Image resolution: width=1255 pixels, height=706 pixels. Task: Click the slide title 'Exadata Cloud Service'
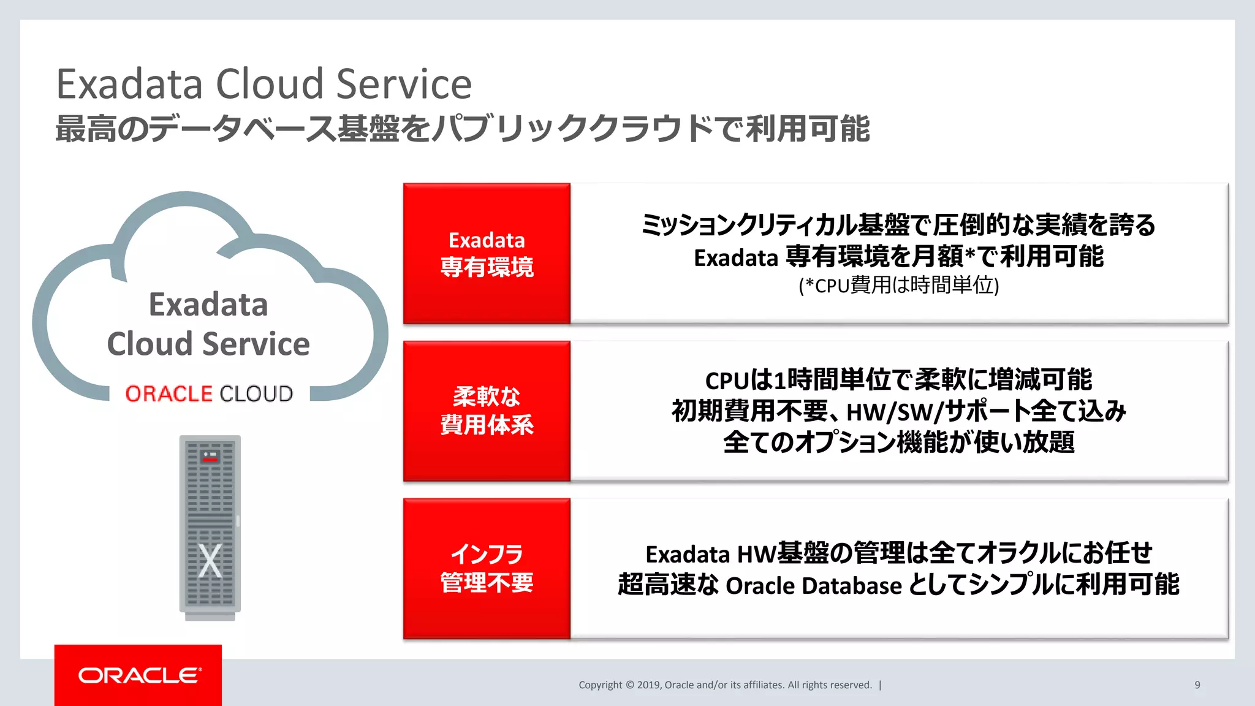point(264,84)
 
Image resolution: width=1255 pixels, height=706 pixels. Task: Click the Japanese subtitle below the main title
point(462,129)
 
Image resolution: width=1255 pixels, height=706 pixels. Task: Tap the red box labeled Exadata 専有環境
point(487,253)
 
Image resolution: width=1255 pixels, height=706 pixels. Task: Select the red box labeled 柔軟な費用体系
point(487,411)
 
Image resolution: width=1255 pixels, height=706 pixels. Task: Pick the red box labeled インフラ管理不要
point(487,568)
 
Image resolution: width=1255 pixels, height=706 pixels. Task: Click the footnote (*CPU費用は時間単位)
point(898,286)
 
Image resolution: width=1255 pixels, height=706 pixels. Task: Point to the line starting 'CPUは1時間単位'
point(898,380)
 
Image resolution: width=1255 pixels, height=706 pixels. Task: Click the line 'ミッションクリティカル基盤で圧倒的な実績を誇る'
point(898,225)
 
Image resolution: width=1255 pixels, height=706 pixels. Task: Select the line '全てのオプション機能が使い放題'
point(898,442)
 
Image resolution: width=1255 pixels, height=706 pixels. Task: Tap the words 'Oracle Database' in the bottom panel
point(813,586)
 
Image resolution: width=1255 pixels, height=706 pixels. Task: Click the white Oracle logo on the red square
point(139,675)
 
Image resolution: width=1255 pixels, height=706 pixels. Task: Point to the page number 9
point(1197,685)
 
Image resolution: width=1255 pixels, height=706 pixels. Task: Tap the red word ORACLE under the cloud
point(169,393)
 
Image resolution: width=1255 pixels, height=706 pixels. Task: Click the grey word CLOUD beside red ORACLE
point(256,393)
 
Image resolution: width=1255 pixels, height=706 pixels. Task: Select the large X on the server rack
point(210,560)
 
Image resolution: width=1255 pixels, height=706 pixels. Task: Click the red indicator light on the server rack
point(210,458)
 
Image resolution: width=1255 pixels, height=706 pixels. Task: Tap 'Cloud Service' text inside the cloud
point(208,344)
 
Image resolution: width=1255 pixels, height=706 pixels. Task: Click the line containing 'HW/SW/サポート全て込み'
point(898,411)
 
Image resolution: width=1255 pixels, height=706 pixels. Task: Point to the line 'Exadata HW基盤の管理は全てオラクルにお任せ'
point(898,553)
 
